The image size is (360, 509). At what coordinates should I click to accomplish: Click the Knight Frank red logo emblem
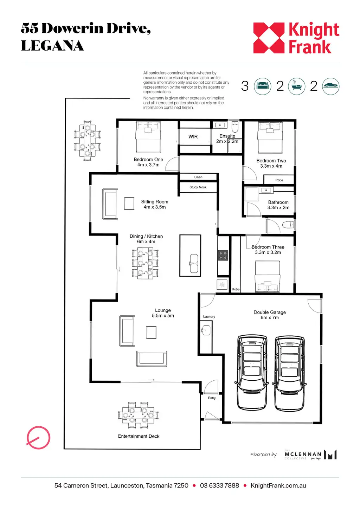[x=269, y=38]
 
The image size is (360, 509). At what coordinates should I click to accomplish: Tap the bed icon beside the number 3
[x=263, y=86]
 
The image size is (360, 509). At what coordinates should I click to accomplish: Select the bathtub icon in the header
[x=297, y=86]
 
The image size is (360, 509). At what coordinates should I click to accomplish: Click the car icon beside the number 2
[x=330, y=86]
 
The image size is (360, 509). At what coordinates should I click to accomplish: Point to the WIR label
[x=193, y=137]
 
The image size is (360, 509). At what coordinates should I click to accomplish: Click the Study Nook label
[x=198, y=187]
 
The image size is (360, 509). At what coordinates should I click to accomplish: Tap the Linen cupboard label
[x=198, y=177]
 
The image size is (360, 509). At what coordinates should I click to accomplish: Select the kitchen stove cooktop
[x=223, y=256]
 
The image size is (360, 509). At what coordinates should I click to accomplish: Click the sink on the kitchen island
[x=194, y=263]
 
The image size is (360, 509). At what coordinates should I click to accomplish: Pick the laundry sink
[x=206, y=330]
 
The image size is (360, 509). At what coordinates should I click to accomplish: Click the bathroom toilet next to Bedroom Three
[x=288, y=225]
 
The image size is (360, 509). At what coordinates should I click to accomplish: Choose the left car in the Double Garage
[x=252, y=372]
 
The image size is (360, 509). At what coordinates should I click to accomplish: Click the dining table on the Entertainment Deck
[x=138, y=415]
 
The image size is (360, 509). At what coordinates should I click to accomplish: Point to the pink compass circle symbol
[x=38, y=438]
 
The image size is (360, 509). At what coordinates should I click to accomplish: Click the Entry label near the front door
[x=212, y=398]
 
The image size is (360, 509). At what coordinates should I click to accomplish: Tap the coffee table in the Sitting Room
[x=129, y=204]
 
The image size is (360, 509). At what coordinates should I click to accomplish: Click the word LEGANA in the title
[x=52, y=46]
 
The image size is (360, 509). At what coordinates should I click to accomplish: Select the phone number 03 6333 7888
[x=219, y=485]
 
